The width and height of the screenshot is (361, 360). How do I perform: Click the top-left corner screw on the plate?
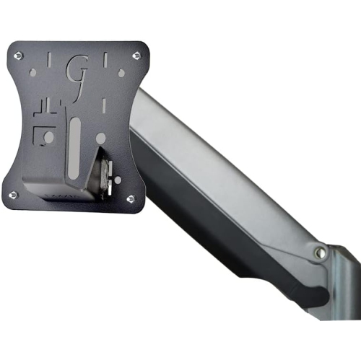click(18, 55)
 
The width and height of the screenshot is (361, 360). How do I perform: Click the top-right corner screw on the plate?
click(135, 55)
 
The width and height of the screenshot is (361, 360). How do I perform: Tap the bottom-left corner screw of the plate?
click(13, 194)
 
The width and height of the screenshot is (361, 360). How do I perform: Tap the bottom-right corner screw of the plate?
click(130, 198)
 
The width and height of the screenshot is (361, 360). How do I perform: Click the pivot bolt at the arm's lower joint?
click(318, 252)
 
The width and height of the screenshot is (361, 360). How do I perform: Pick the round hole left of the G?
click(32, 71)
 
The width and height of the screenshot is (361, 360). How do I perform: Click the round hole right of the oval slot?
click(100, 137)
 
